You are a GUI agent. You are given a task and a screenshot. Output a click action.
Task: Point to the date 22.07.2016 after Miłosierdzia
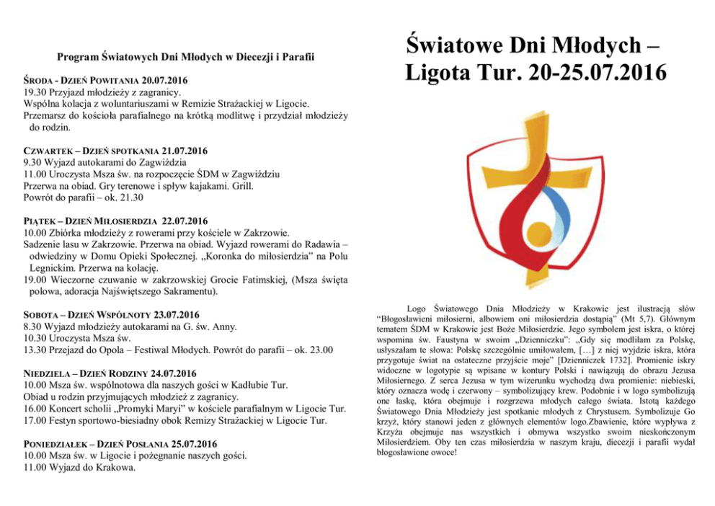[x=185, y=221]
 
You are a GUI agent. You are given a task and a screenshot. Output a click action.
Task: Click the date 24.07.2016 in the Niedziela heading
[x=172, y=373]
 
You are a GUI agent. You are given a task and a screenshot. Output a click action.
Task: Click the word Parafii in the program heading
[x=296, y=56]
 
